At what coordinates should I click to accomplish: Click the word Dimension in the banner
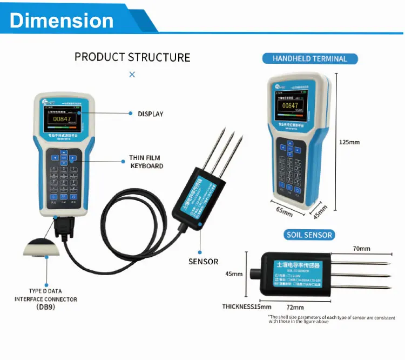(62, 20)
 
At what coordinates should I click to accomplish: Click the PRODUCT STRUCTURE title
(132, 57)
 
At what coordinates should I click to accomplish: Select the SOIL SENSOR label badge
(309, 235)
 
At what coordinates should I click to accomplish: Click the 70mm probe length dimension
(361, 249)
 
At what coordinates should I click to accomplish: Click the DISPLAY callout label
(150, 114)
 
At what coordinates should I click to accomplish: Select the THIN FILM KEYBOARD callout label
(146, 162)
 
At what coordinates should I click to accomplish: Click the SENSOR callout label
(203, 262)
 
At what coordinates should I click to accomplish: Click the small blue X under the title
(132, 75)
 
